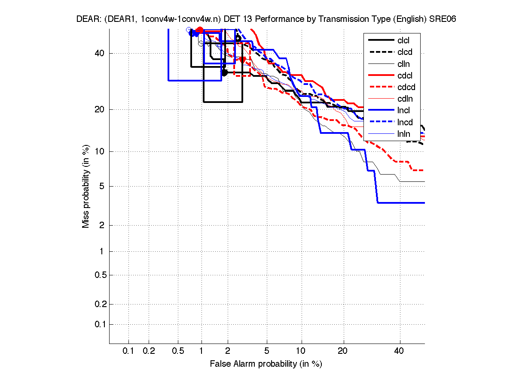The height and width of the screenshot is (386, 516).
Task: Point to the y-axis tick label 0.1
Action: click(100, 324)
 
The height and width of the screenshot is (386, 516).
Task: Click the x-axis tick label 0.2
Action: click(149, 351)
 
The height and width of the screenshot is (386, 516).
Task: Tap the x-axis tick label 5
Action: click(267, 351)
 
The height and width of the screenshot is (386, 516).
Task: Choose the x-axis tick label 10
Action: click(302, 351)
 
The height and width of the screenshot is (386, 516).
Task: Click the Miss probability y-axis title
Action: click(86, 186)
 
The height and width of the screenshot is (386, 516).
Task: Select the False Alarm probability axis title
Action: click(266, 364)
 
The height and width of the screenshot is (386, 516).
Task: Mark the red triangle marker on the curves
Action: click(242, 60)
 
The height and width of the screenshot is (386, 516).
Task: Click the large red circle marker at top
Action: click(200, 30)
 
